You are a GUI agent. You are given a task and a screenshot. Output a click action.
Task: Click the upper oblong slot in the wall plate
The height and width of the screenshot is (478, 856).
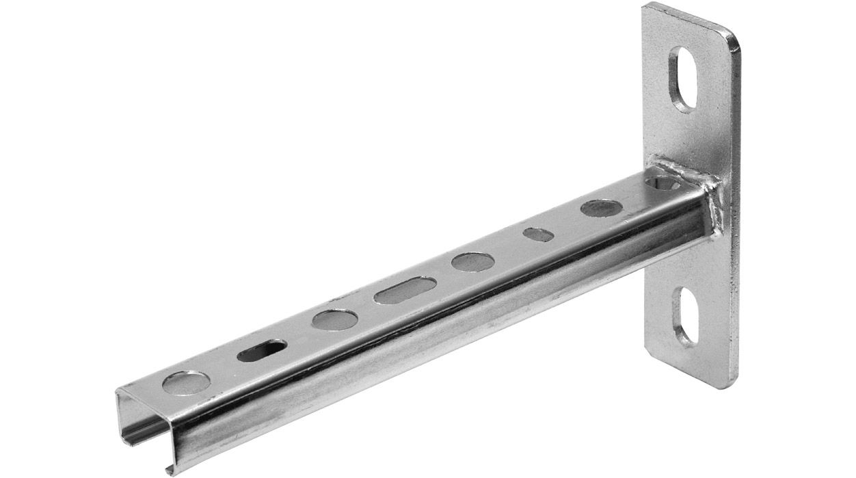point(684,79)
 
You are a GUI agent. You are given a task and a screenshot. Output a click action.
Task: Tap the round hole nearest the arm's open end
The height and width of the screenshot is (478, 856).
point(186,382)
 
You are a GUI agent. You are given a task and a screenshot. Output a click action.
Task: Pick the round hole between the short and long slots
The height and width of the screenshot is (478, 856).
point(335,320)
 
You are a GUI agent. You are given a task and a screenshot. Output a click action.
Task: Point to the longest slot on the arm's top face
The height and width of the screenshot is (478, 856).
point(405,290)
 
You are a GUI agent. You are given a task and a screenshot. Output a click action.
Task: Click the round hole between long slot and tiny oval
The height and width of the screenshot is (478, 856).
point(472,261)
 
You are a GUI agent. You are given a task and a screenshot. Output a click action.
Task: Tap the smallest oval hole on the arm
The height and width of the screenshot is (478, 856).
point(539,234)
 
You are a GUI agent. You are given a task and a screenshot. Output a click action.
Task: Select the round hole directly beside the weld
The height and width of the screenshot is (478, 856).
point(665,183)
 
